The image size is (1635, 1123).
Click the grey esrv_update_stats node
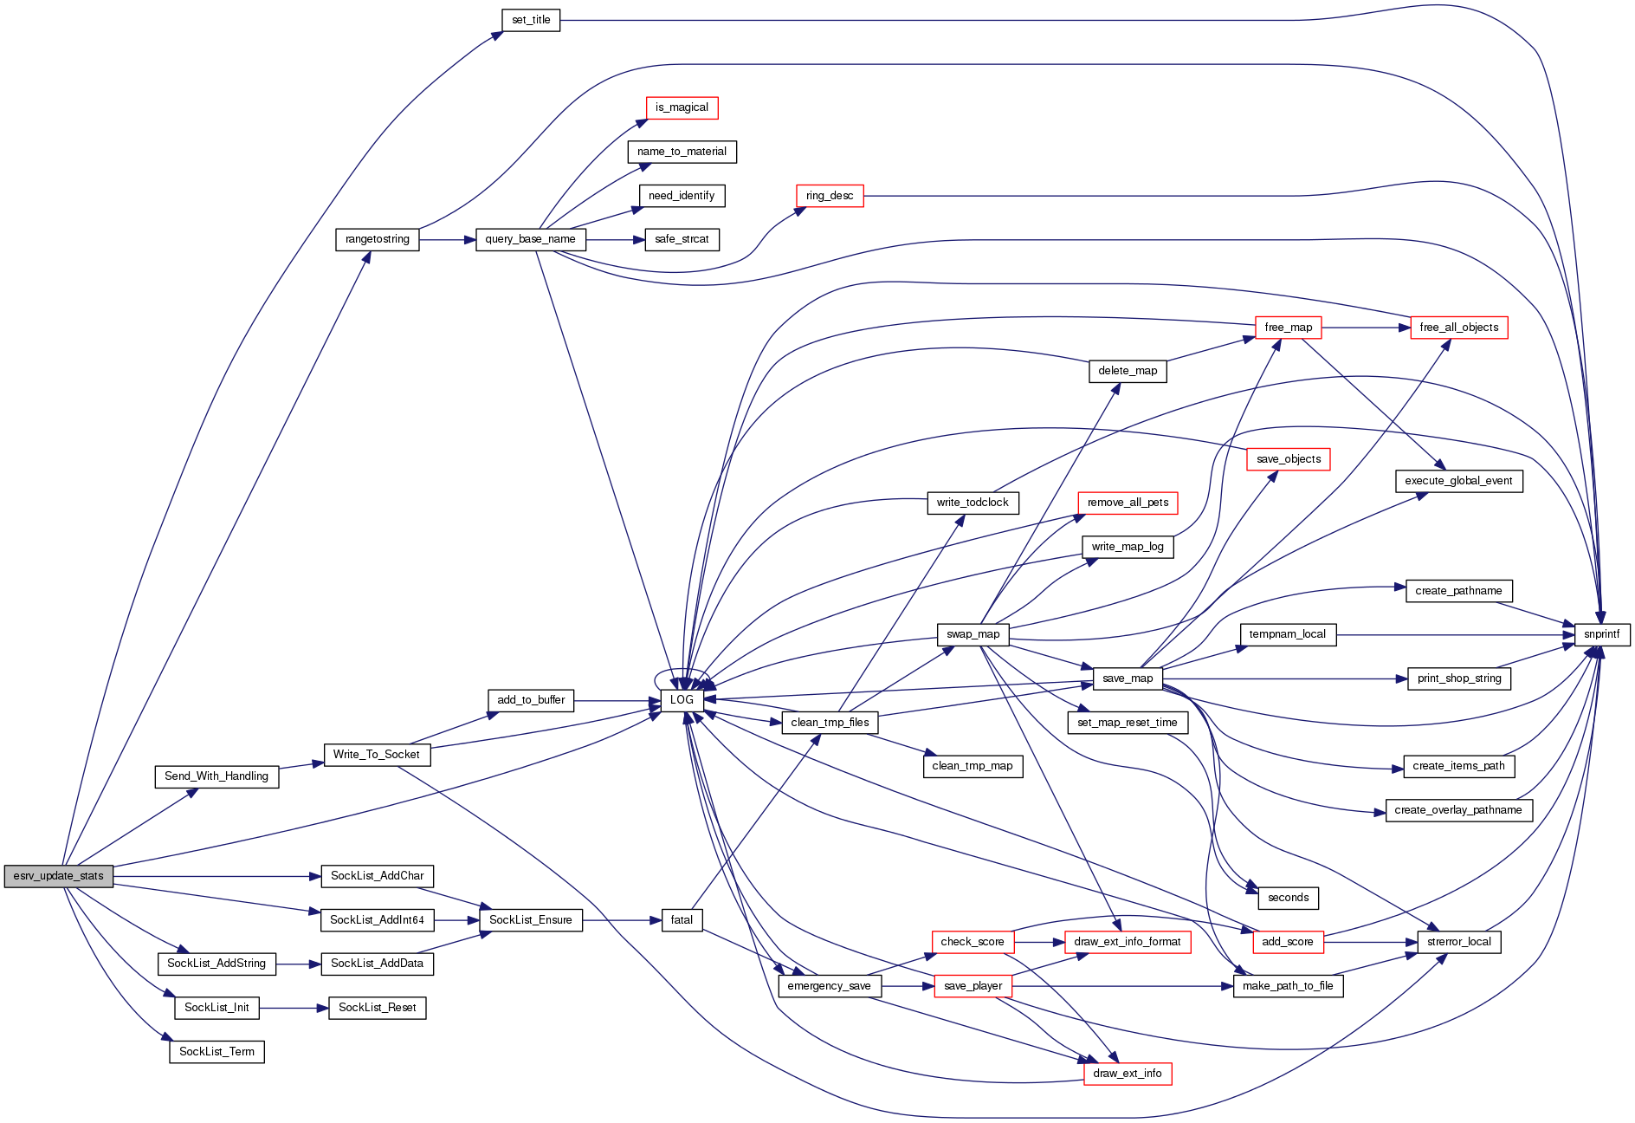tap(58, 876)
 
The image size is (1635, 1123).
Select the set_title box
tap(531, 20)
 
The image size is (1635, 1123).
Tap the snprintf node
tap(1601, 634)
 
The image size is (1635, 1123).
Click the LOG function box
tap(682, 700)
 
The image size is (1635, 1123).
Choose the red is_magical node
tap(682, 107)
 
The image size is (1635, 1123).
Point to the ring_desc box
tap(829, 196)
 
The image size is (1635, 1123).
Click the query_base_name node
tap(530, 239)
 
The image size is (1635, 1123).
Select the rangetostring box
tap(377, 239)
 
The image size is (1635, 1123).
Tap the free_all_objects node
tap(1458, 328)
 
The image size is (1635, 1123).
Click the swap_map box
tap(973, 634)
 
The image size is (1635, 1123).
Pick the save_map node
tap(1127, 678)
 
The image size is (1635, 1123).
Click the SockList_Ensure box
tap(530, 920)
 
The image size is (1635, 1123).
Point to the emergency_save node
tap(829, 986)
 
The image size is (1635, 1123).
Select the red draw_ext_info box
tap(1127, 1074)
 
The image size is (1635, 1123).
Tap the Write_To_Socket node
tap(376, 755)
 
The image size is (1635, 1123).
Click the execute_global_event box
tap(1458, 481)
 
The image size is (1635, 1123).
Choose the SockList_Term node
tap(216, 1052)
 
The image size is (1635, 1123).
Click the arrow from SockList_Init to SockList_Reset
tap(294, 1008)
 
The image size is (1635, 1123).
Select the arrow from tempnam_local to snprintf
tap(1455, 634)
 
